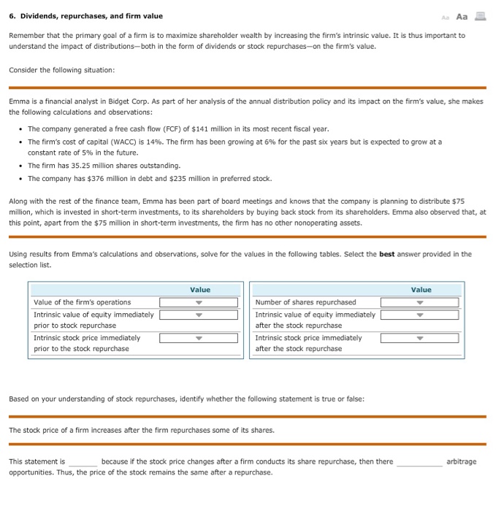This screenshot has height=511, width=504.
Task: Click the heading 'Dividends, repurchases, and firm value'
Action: coord(91,16)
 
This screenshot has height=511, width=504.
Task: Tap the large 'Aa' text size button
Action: coord(461,16)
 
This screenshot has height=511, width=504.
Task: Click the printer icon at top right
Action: coord(480,16)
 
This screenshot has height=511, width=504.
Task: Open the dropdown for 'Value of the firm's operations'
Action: coord(199,302)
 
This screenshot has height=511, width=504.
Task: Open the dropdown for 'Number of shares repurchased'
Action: coord(419,302)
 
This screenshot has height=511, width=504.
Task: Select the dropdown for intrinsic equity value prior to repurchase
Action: coord(199,315)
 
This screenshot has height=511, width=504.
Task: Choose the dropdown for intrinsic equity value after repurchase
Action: coord(419,315)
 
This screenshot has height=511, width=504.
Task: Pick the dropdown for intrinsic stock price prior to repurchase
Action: coord(199,338)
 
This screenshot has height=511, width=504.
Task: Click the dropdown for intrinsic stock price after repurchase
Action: coord(419,338)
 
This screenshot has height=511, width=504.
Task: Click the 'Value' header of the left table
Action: coord(199,290)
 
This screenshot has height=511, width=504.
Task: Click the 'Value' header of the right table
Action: coord(421,290)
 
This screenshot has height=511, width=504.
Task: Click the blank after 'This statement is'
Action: coord(83,462)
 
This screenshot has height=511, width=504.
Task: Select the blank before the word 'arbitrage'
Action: coord(419,462)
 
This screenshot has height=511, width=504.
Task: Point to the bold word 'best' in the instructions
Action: coord(387,254)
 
